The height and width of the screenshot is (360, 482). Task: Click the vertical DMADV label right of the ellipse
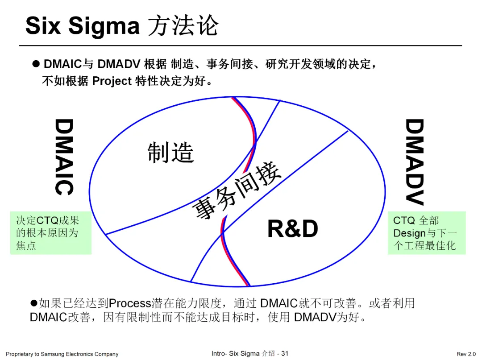pos(414,161)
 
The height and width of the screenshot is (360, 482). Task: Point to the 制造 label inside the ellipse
pos(171,152)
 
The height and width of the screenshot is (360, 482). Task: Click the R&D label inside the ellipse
pos(292,229)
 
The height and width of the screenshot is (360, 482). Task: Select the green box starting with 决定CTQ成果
pos(50,233)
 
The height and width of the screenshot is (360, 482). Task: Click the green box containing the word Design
pos(426,233)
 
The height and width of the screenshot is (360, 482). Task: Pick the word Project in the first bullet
pos(112,81)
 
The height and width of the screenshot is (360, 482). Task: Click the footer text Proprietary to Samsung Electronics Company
pos(62,354)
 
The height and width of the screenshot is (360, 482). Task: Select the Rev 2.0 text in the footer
pos(466,354)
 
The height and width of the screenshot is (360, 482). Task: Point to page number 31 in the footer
pos(285,354)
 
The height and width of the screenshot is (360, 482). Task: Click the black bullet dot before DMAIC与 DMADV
pos(37,64)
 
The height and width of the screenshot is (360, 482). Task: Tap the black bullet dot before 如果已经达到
pos(33,303)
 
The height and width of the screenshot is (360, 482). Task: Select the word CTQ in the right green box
pos(403,220)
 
